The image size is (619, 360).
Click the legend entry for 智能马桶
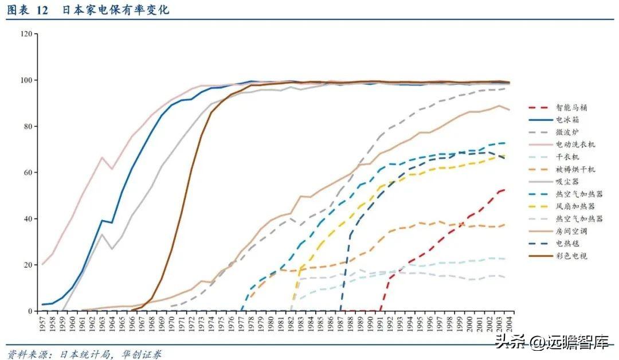[570, 107]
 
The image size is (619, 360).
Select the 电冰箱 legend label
[566, 120]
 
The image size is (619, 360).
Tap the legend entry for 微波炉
[566, 132]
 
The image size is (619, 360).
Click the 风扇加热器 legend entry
[570, 206]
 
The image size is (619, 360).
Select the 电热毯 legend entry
[566, 244]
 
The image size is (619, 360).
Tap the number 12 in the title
[41, 10]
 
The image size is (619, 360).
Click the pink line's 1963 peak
[102, 157]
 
